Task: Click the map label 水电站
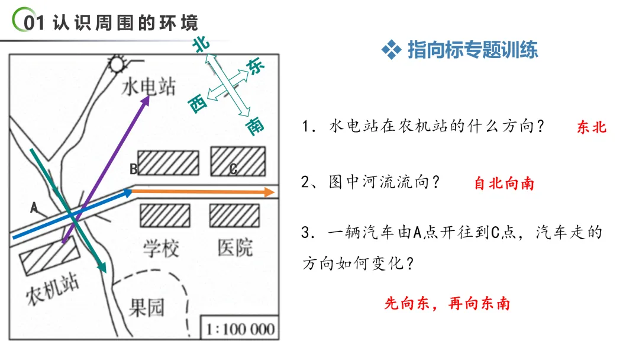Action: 149,87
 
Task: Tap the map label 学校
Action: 161,248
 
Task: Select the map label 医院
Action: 235,247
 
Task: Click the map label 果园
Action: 147,307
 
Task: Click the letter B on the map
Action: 133,169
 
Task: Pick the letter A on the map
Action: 34,207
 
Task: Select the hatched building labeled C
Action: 237,161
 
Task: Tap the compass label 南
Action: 256,126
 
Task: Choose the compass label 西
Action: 198,105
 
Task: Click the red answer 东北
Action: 591,127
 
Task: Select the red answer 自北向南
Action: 504,184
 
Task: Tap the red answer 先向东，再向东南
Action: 447,304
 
